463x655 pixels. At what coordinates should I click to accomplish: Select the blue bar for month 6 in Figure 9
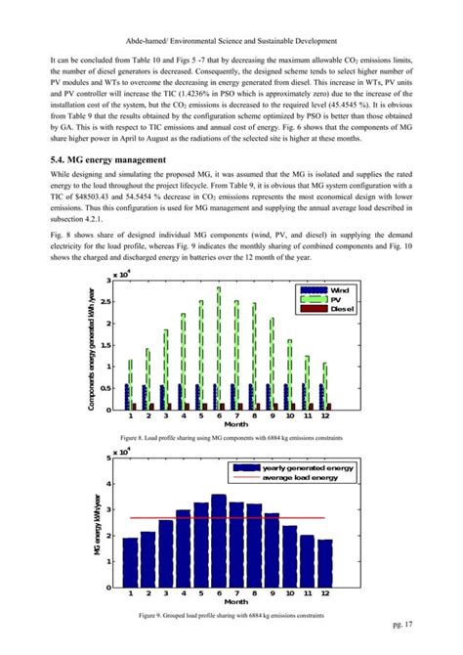(218, 541)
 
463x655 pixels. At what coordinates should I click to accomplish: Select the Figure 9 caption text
(231, 614)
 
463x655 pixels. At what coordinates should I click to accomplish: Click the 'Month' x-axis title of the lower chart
(227, 601)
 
